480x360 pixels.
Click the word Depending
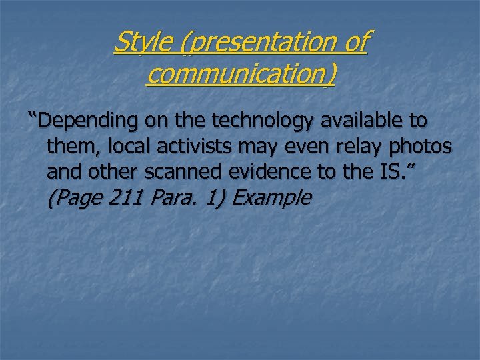point(87,121)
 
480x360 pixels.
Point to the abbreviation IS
point(398,171)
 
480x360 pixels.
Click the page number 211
point(126,197)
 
